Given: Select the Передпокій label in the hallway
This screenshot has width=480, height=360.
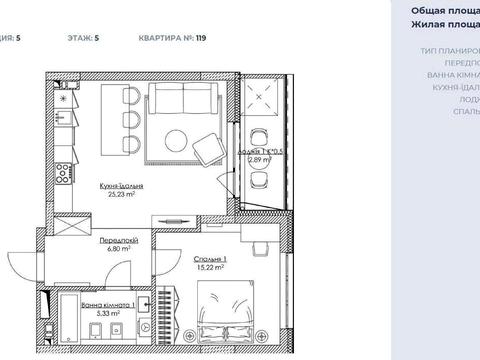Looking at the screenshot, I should [x=118, y=241].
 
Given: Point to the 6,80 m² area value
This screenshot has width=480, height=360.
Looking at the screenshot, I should [x=118, y=251].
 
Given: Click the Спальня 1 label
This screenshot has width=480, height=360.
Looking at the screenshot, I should [x=209, y=258].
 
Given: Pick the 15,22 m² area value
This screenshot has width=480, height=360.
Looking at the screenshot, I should [x=209, y=268].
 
